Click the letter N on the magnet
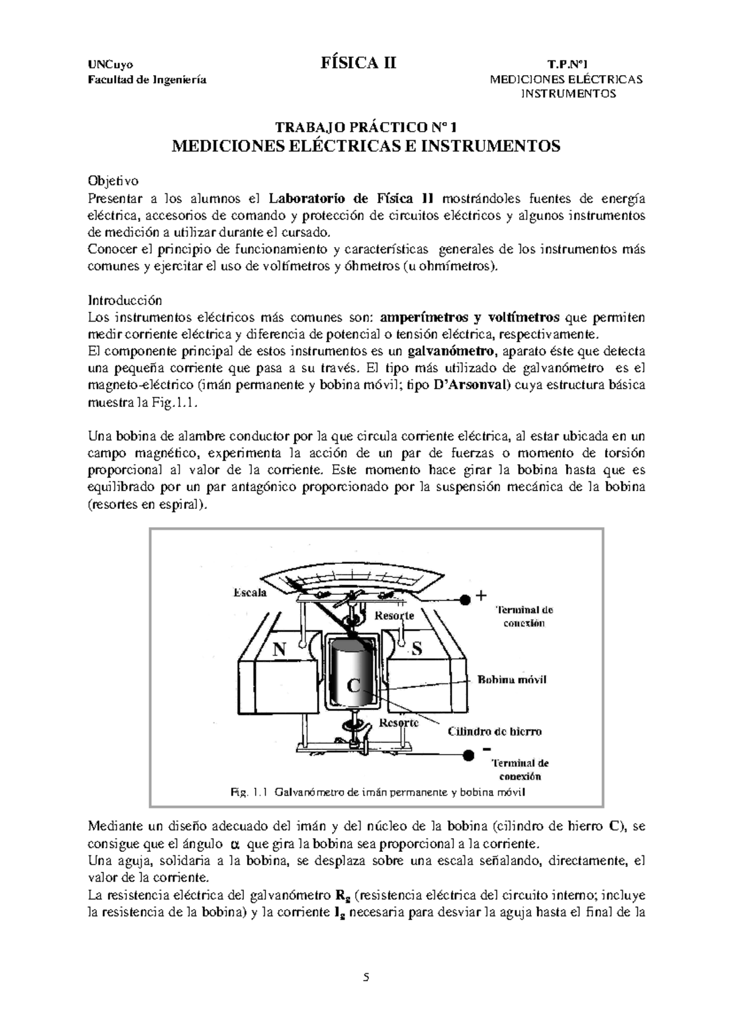pyautogui.click(x=279, y=650)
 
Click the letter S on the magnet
pyautogui.click(x=417, y=649)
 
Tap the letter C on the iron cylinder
pyautogui.click(x=353, y=686)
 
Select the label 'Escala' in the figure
pyautogui.click(x=250, y=592)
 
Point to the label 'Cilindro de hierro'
pyautogui.click(x=495, y=731)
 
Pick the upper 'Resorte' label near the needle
pyautogui.click(x=394, y=615)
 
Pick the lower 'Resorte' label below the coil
pyautogui.click(x=399, y=722)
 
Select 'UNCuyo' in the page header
pyautogui.click(x=110, y=65)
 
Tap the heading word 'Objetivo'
pyautogui.click(x=113, y=181)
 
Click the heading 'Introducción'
pyautogui.click(x=125, y=300)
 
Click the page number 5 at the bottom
pyautogui.click(x=366, y=977)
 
